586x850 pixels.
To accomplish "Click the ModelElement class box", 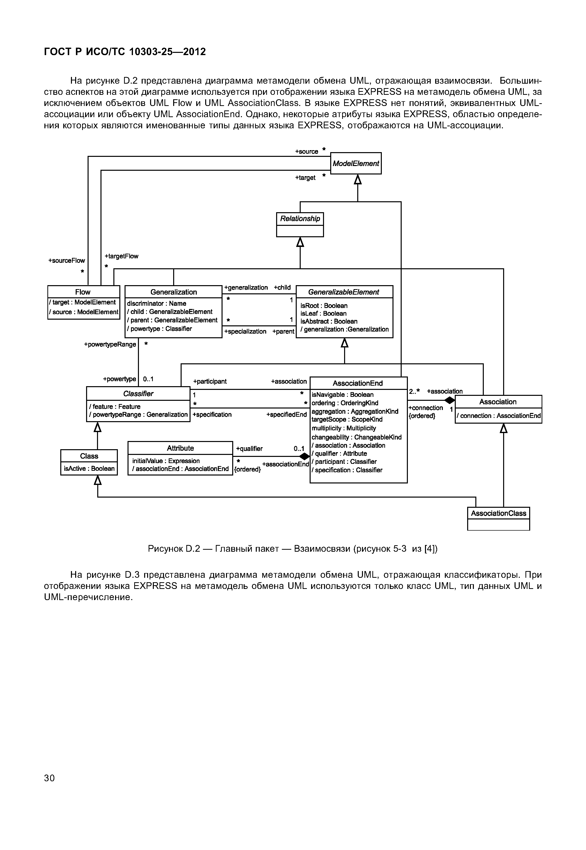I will [x=356, y=164].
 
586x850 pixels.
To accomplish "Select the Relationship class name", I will [x=300, y=219].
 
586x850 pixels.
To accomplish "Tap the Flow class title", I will [x=83, y=292].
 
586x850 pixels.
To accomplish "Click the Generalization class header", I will [x=173, y=292].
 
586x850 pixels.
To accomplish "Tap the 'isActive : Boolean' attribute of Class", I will [x=89, y=469].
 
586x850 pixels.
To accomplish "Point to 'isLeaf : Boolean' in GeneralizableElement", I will [x=323, y=313].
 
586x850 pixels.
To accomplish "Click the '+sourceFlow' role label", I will [x=66, y=261].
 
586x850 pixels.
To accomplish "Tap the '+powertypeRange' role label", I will [x=110, y=344].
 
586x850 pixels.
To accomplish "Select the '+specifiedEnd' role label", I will [x=286, y=415].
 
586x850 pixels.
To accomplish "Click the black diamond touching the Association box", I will [x=449, y=400].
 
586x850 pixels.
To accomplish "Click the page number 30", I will [x=49, y=778].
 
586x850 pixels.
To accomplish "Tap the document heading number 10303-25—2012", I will [x=167, y=52].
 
